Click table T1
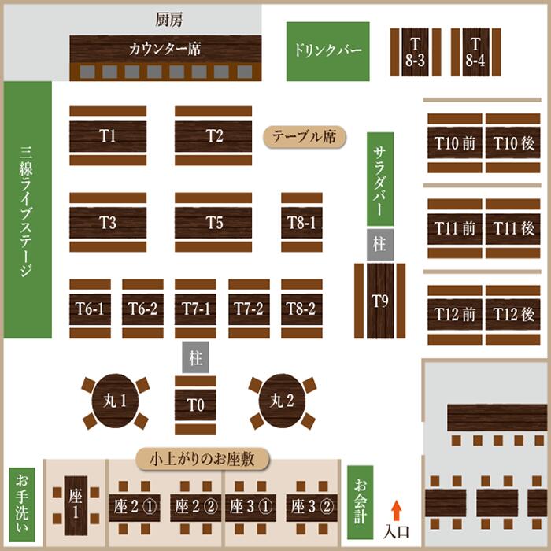point(108,135)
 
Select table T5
point(214,223)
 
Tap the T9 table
point(379,300)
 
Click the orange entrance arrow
point(397,508)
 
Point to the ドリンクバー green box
point(327,51)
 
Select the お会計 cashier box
point(360,501)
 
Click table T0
point(195,405)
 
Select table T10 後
point(513,143)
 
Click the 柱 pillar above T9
point(379,244)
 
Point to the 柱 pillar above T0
point(195,358)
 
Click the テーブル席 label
point(304,137)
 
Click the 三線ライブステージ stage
point(28,209)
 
